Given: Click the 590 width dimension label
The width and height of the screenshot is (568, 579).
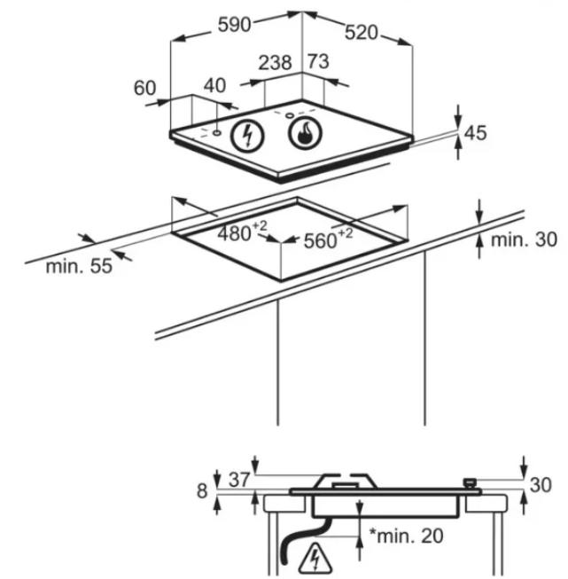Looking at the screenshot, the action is (x=234, y=25).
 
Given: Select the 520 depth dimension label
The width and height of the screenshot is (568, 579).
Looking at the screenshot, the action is (x=362, y=33).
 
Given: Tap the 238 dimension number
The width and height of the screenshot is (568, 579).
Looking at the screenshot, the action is (x=275, y=63).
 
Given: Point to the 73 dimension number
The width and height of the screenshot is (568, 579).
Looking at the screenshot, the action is (x=318, y=61).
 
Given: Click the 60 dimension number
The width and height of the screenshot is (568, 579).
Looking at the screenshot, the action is (x=144, y=88).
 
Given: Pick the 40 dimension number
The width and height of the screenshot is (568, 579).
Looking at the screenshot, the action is (x=214, y=86).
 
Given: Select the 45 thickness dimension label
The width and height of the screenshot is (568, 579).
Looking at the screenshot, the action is (x=475, y=133).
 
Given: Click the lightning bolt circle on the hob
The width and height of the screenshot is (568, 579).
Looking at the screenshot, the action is (x=247, y=135).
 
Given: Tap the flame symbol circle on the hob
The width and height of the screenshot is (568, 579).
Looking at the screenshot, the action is (x=305, y=133).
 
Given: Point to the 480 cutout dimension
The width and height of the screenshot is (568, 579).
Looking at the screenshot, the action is (x=242, y=232).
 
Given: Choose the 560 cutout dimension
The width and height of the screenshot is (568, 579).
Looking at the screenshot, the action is (x=328, y=239).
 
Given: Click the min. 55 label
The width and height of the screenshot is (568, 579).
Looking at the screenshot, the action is (x=79, y=266).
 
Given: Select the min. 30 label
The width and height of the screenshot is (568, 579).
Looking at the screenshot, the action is (x=524, y=239).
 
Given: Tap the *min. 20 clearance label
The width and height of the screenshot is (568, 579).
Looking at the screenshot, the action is (x=407, y=536).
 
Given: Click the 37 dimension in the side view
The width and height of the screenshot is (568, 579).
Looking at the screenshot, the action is (x=239, y=480).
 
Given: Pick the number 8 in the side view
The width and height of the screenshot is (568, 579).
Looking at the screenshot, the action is (x=202, y=491).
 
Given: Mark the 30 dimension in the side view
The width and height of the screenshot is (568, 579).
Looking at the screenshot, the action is (x=541, y=485).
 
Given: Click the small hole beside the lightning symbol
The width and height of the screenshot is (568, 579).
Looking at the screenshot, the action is (x=216, y=132).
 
